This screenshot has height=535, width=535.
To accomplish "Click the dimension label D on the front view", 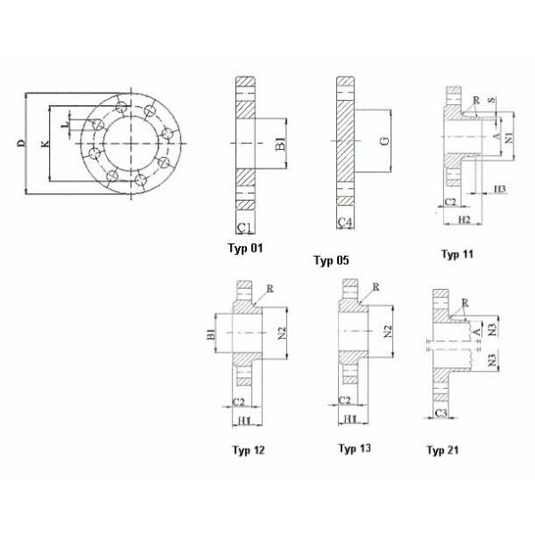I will click(20, 143).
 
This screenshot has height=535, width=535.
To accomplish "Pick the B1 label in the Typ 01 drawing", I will click(279, 143).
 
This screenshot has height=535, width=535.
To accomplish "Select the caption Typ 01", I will click(246, 248).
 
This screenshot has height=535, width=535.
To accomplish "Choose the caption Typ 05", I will click(331, 260).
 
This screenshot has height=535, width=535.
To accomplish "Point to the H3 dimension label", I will click(499, 190).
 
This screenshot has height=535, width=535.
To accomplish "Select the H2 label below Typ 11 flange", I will click(463, 219).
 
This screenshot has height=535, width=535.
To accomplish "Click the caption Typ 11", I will click(457, 254).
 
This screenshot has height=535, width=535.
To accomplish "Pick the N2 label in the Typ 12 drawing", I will click(280, 333).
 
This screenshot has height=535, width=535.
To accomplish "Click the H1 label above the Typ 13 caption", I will click(350, 418).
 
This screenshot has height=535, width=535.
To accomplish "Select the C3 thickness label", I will click(440, 415).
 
